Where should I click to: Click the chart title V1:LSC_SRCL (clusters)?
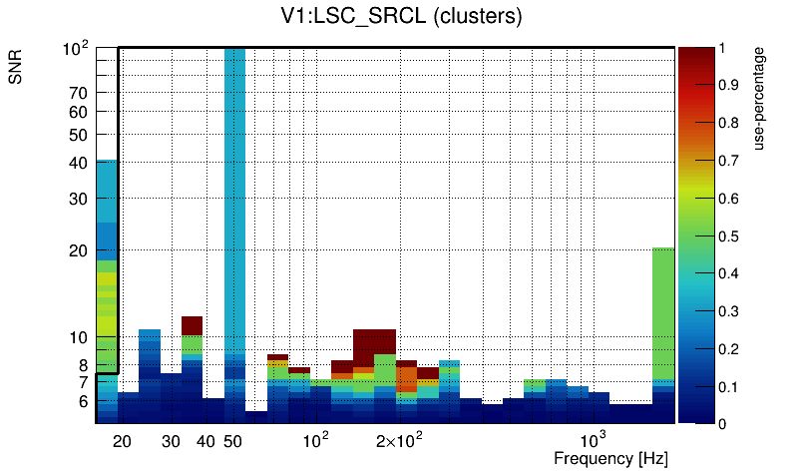401,17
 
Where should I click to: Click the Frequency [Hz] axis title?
610,459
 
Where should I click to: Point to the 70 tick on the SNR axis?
78,93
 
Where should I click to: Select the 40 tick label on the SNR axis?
78,163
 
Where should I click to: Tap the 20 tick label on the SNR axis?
78,250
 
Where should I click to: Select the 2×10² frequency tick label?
399,441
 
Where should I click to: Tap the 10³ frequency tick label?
594,441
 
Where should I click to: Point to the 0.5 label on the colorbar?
728,236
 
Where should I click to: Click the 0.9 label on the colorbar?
728,86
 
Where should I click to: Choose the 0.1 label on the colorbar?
728,387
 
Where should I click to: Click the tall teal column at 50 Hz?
234,200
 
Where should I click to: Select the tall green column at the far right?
664,309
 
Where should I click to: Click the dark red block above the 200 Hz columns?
374,339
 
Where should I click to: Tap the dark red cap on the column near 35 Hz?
193,324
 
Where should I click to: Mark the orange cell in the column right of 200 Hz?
406,378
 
